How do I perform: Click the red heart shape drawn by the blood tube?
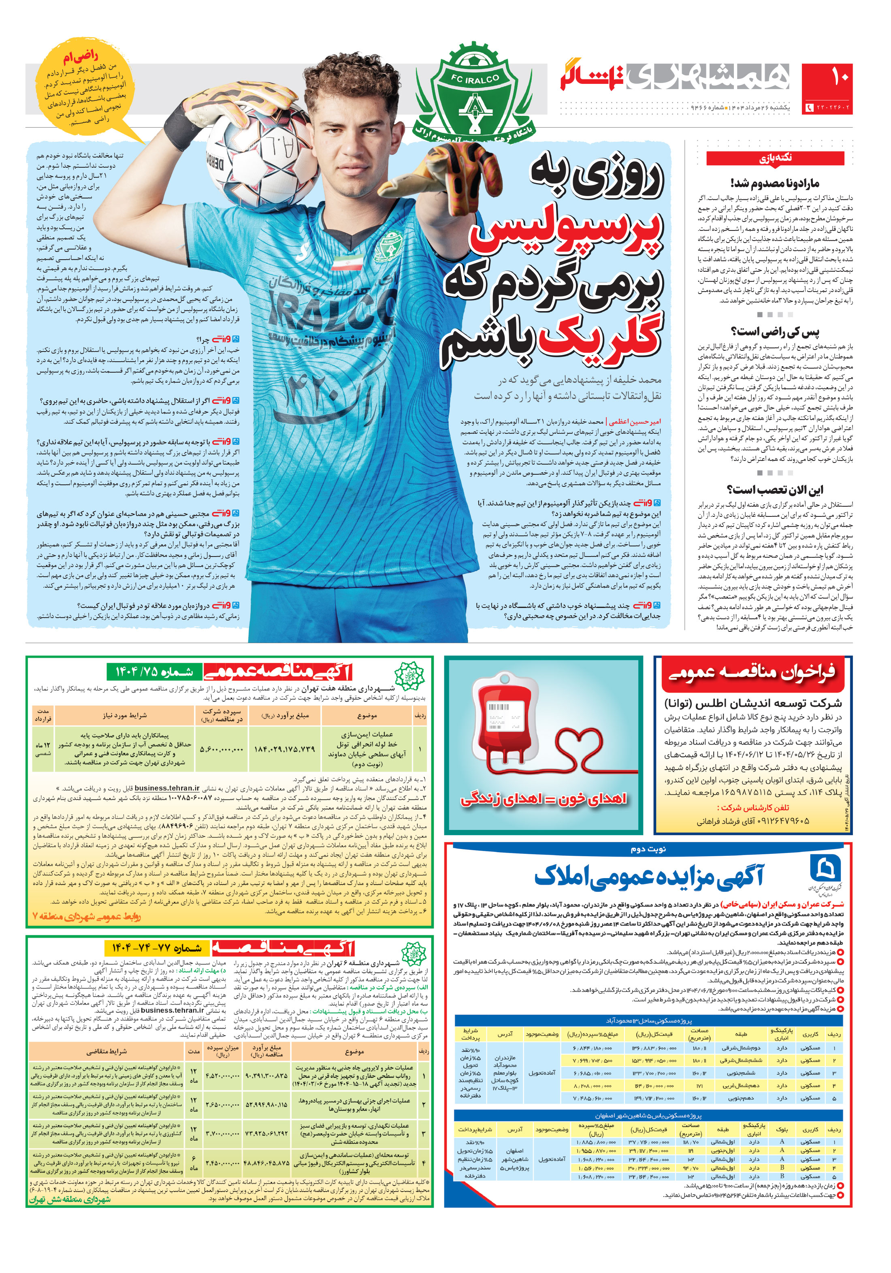(x=582, y=748)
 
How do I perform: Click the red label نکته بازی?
(x=775, y=158)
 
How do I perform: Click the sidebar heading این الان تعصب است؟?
(x=775, y=490)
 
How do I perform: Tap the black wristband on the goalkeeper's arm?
(x=183, y=128)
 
